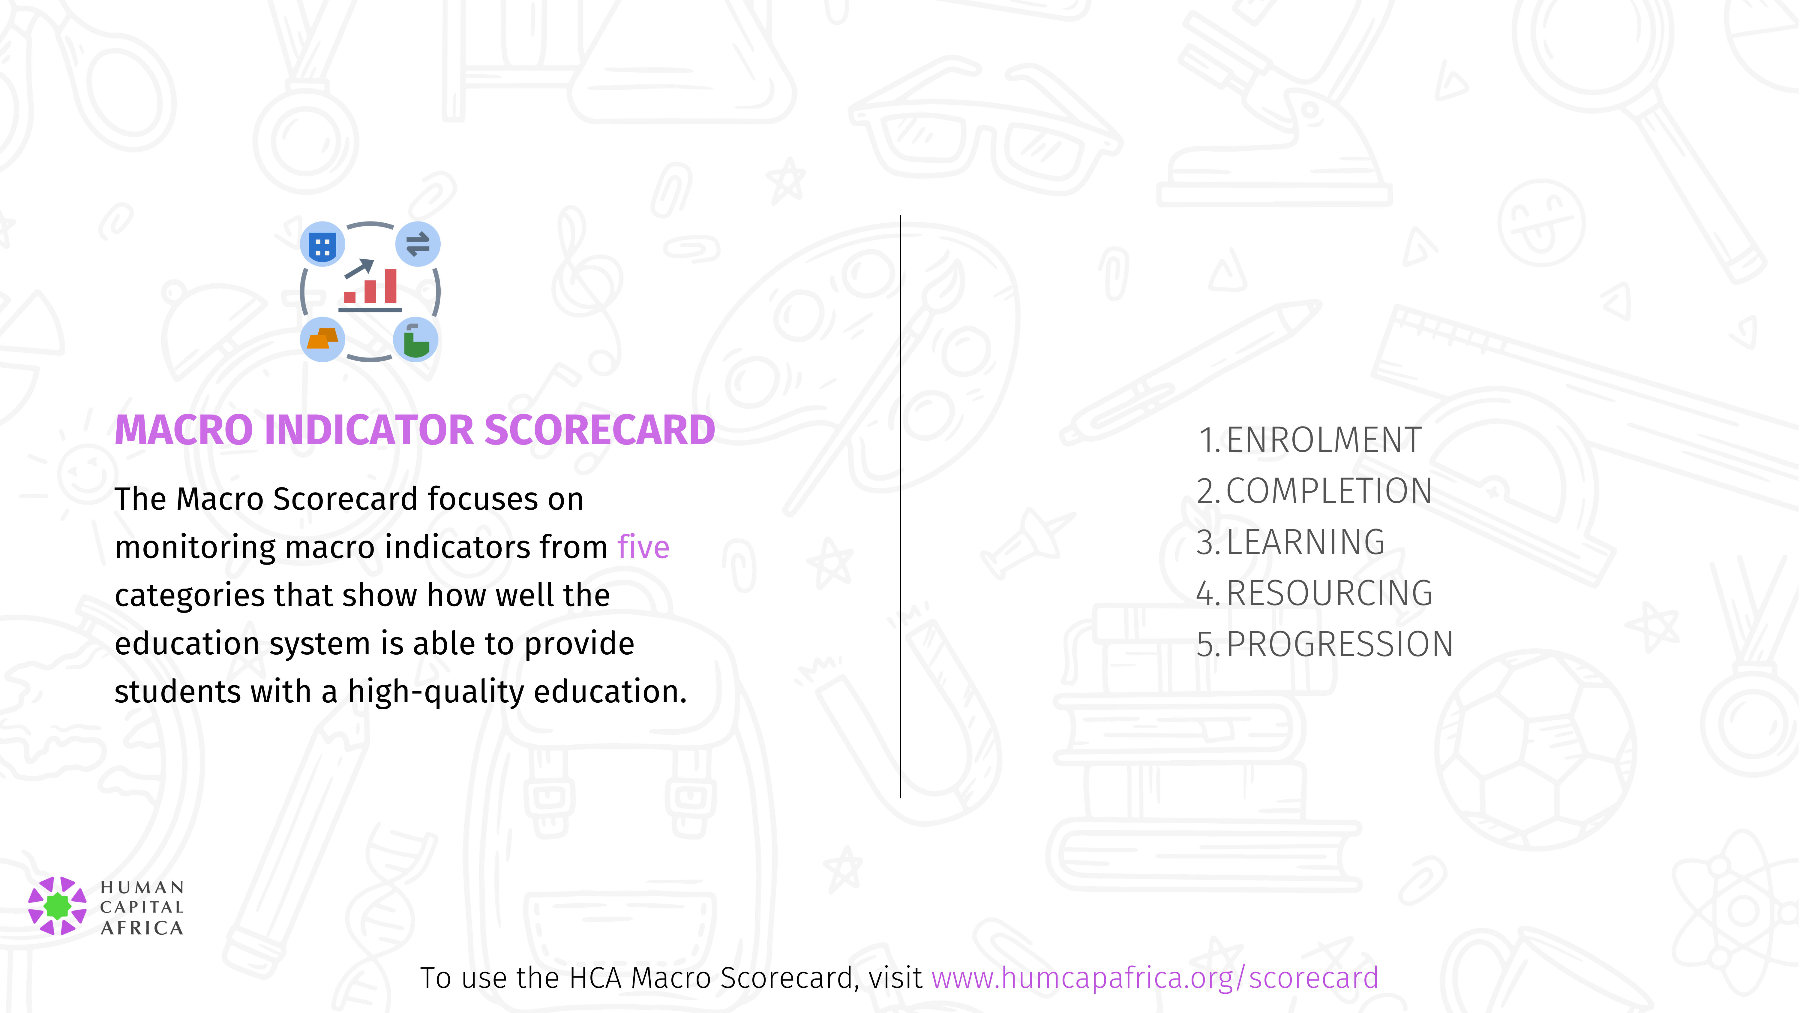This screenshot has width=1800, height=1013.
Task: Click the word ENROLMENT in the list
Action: (1323, 440)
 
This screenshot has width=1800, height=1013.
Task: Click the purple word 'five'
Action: (643, 547)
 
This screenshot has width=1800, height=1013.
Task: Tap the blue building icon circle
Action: (322, 245)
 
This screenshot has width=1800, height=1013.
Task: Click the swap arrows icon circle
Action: (418, 245)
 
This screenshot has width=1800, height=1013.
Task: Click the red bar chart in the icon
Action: (371, 287)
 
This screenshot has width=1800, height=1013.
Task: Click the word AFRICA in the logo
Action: (142, 928)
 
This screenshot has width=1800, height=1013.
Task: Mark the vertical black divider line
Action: (901, 507)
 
